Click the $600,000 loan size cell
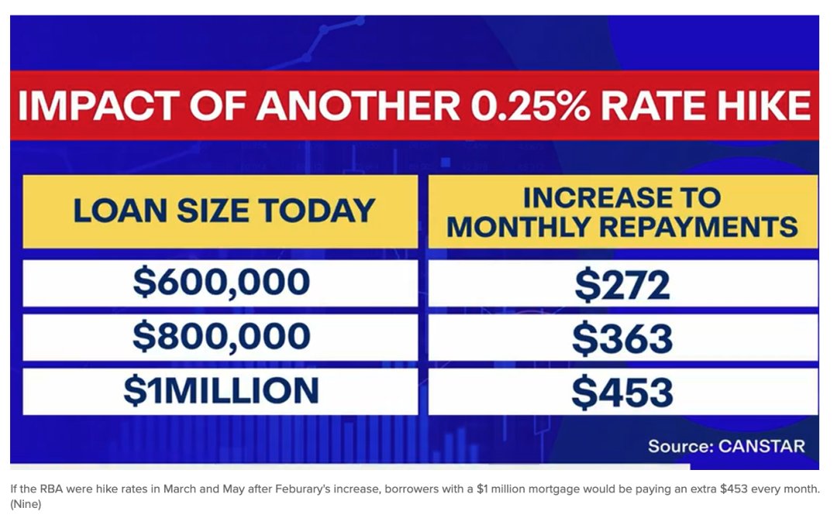click(221, 283)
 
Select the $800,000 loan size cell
click(221, 337)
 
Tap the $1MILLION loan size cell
click(221, 391)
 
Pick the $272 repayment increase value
click(622, 285)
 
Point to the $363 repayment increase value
click(622, 339)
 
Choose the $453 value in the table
click(622, 393)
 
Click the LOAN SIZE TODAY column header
click(224, 211)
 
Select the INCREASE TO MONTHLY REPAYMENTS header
click(622, 211)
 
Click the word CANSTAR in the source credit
click(761, 446)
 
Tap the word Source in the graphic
click(679, 446)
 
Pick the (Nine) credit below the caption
click(26, 504)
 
